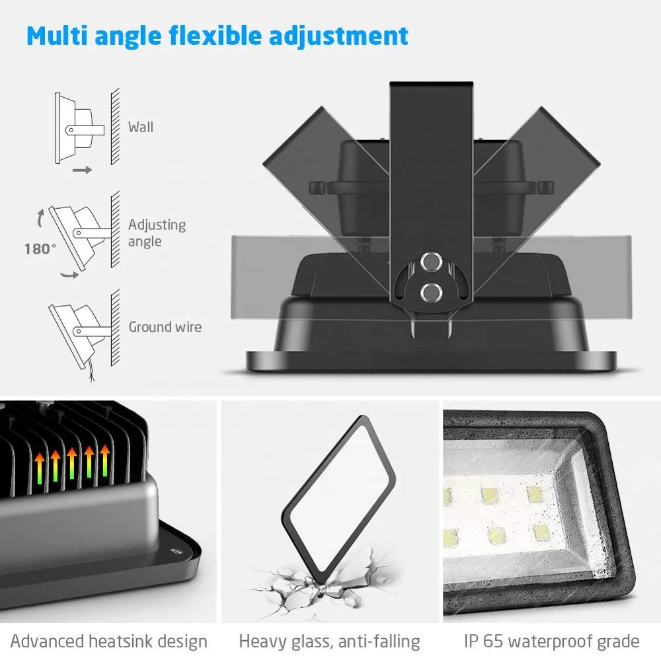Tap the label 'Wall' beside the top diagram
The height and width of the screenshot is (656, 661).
coord(141,127)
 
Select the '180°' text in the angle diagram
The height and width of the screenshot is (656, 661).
coord(40,249)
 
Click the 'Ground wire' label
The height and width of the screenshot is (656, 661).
coord(165,327)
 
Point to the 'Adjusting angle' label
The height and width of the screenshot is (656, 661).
coord(157,233)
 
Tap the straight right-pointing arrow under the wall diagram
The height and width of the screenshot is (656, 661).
coord(82,170)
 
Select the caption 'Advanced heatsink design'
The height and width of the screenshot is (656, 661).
coord(109,641)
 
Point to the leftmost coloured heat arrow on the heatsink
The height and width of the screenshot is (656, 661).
coord(40,465)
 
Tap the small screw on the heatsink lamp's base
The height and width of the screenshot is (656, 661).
coord(175,548)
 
